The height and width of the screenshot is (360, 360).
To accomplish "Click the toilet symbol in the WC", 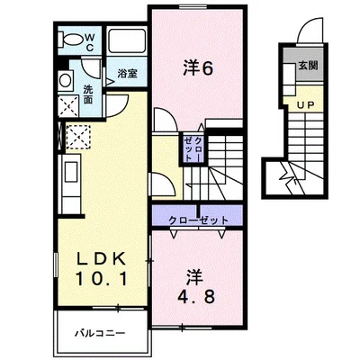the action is pyautogui.click(x=71, y=40).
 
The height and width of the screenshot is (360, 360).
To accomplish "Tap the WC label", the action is pyautogui.click(x=90, y=42).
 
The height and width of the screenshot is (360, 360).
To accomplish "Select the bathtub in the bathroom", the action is pyautogui.click(x=126, y=41).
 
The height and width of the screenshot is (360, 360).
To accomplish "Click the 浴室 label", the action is pyautogui.click(x=127, y=73).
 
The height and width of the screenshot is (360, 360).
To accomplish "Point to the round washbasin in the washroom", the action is pyautogui.click(x=66, y=80).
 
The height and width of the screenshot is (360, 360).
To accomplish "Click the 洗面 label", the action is pyautogui.click(x=88, y=94).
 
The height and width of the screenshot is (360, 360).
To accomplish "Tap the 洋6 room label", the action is pyautogui.click(x=198, y=68).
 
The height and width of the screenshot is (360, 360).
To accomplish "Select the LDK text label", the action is pyautogui.click(x=101, y=258).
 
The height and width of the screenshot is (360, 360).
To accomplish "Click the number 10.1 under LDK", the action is pyautogui.click(x=102, y=278).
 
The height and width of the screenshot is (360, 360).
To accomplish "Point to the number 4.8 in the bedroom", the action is pyautogui.click(x=196, y=297).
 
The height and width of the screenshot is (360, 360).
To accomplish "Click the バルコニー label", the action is pyautogui.click(x=100, y=333).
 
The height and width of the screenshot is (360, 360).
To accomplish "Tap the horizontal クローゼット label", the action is pyautogui.click(x=198, y=220).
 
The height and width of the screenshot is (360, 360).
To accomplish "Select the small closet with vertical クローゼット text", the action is pyautogui.click(x=193, y=148).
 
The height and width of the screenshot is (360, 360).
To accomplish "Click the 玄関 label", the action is pyautogui.click(x=308, y=66).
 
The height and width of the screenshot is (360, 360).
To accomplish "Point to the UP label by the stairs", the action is pyautogui.click(x=305, y=105).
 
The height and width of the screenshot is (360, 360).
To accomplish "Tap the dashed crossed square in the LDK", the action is pyautogui.click(x=78, y=137).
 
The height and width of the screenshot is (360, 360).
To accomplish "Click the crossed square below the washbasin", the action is pyautogui.click(x=68, y=105).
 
